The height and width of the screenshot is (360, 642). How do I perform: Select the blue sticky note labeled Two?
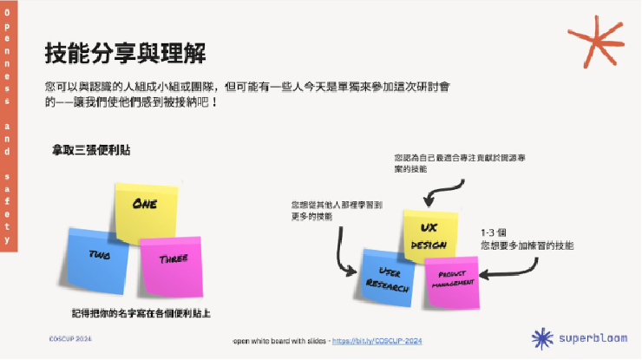point(99,257)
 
